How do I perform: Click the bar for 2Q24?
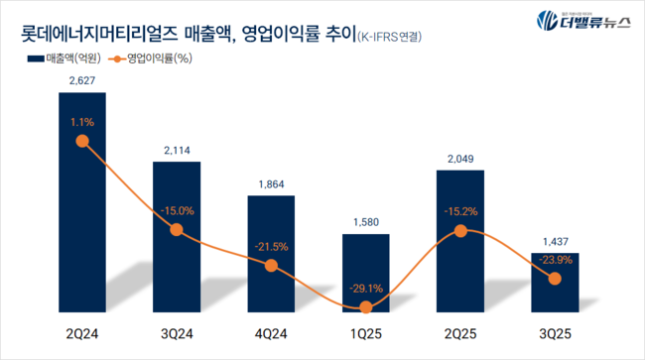(82, 198)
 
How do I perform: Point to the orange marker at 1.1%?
(82, 142)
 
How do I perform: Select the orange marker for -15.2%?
(460, 230)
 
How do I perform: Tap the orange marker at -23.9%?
(555, 279)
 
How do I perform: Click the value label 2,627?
(82, 81)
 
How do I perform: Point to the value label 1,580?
(365, 223)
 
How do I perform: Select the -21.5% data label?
(271, 245)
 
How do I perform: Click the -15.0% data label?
(177, 210)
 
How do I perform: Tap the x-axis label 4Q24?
(271, 335)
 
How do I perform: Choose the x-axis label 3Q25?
(555, 335)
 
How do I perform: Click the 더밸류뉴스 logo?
(585, 22)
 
